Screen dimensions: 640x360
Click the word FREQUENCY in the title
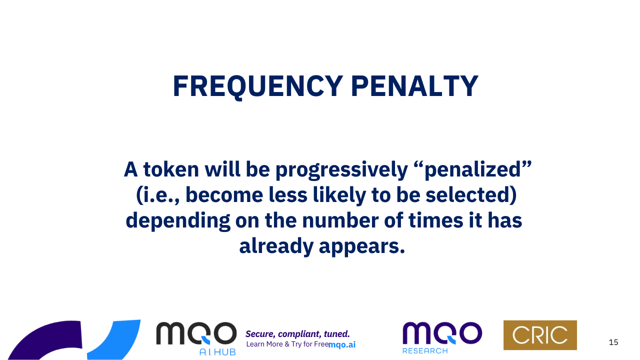[x=257, y=87]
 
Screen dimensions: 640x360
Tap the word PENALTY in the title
[x=414, y=86]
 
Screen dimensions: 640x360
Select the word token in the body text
[x=171, y=169]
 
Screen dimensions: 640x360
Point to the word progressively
[x=341, y=170]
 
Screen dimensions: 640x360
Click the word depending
[x=178, y=221]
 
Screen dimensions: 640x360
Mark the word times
[x=435, y=221]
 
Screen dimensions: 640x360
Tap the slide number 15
[x=613, y=342]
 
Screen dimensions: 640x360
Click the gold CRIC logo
[x=540, y=335]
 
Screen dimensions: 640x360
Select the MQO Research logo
[x=442, y=337]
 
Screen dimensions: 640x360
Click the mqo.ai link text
[x=342, y=345]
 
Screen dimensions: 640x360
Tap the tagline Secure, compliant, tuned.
[x=297, y=334]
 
